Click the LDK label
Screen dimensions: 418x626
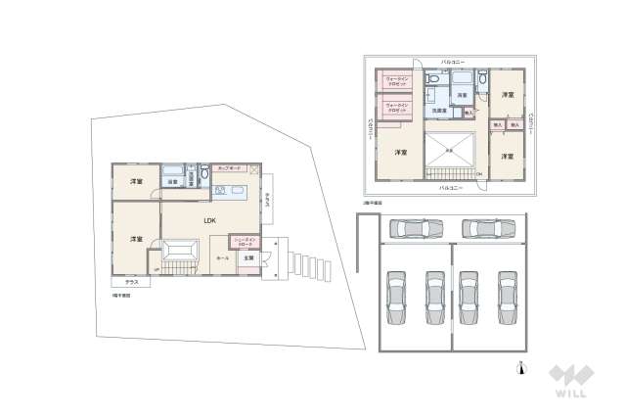coord(209,220)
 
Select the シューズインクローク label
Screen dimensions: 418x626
coord(244,240)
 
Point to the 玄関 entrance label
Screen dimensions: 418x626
coord(247,257)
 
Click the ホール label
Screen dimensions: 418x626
coord(222,257)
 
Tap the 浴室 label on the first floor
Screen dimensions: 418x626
coord(171,182)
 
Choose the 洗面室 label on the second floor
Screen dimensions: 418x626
coord(439,111)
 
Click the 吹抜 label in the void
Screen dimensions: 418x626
coord(449,150)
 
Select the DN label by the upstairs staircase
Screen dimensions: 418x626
coord(479,174)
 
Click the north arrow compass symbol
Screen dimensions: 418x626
coord(521,368)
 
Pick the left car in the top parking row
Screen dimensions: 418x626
coord(416,229)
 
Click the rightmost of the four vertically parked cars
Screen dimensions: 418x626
coord(506,298)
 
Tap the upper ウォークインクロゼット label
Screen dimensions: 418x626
coord(396,80)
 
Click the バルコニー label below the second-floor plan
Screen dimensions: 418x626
coord(450,186)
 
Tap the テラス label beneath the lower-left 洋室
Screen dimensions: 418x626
coord(131,282)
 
